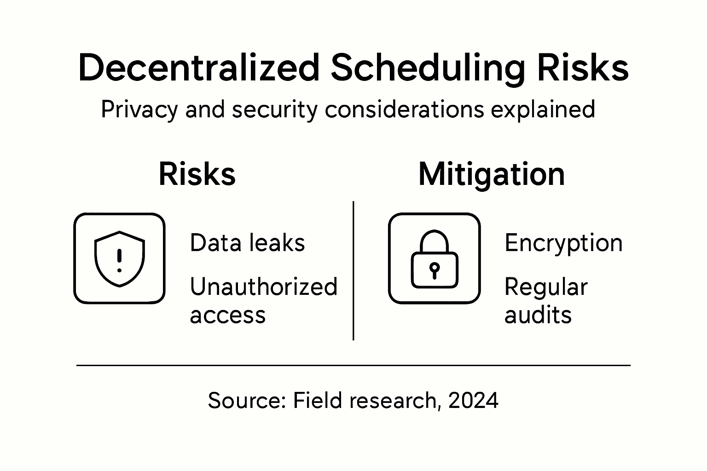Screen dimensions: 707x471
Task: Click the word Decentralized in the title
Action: tap(199, 68)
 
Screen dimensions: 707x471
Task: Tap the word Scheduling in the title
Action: tap(428, 69)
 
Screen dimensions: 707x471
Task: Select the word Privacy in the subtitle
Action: tap(139, 110)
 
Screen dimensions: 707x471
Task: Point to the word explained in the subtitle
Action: tap(543, 110)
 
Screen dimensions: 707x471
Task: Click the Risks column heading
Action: tap(197, 174)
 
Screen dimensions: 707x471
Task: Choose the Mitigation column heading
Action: tap(492, 175)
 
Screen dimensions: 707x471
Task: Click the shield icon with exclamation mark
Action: tap(120, 259)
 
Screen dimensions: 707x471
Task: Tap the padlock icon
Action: tap(435, 259)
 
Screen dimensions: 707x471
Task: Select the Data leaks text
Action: tap(248, 243)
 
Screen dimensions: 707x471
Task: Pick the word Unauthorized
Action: tap(264, 287)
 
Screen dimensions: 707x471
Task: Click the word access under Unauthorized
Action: tap(228, 315)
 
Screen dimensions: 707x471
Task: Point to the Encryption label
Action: tap(563, 244)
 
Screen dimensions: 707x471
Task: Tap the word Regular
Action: tap(546, 288)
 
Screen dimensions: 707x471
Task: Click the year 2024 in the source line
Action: tap(473, 400)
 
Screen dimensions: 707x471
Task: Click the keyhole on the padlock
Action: tap(435, 270)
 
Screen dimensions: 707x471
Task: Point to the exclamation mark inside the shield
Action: tap(119, 260)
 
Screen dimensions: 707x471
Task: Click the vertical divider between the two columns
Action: tap(353, 270)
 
